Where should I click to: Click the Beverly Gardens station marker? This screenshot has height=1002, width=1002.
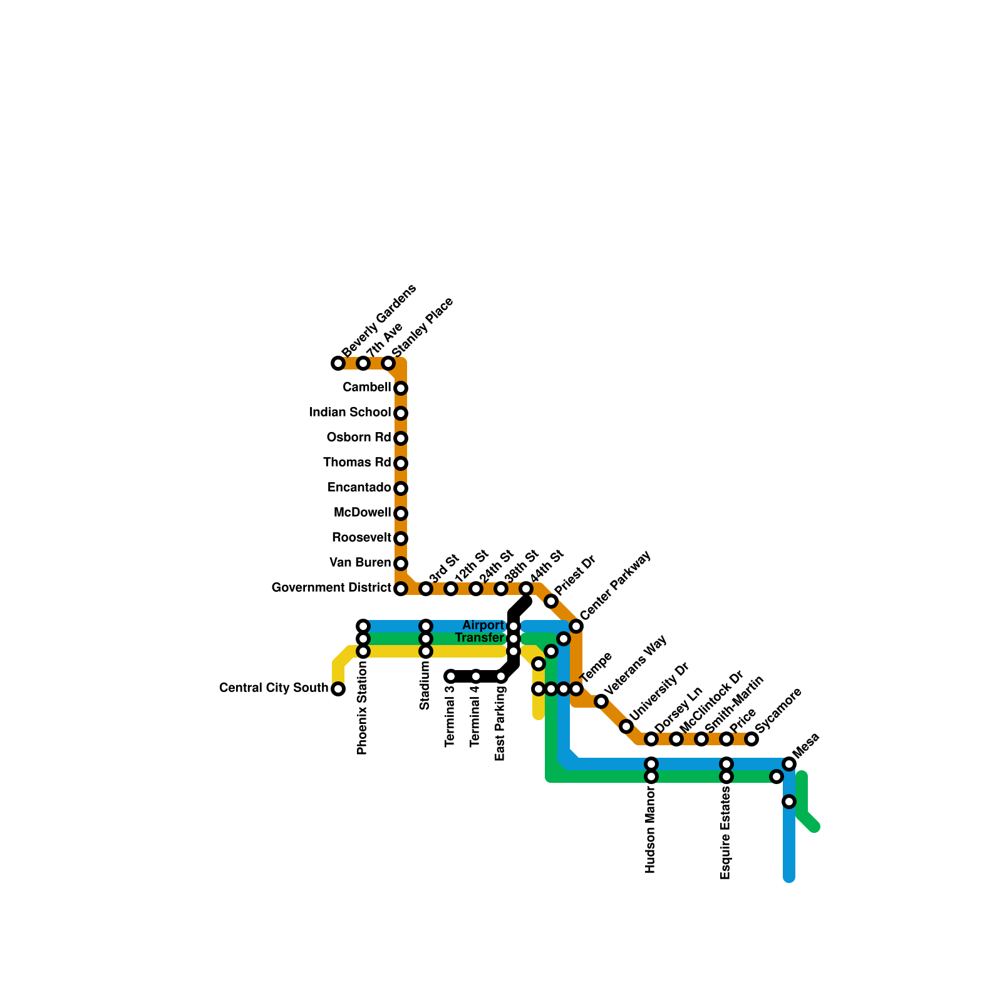tap(338, 363)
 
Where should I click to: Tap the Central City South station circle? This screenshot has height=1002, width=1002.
tap(338, 689)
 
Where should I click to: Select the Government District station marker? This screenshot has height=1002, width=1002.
tap(401, 589)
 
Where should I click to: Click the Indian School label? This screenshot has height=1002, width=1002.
tap(349, 412)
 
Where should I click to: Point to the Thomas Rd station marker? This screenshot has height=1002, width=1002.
tap(401, 463)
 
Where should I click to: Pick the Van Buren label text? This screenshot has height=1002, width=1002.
tap(360, 562)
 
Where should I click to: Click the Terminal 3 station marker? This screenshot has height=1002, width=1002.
tap(451, 676)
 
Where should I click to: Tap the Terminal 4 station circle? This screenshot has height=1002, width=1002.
tap(476, 676)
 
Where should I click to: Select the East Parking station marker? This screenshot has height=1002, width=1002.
tap(501, 676)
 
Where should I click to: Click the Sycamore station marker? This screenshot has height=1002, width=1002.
tap(751, 739)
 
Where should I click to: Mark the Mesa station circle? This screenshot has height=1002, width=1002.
tap(789, 764)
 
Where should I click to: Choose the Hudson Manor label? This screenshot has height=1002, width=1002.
tap(651, 830)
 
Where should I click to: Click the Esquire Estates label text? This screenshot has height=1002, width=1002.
tap(726, 833)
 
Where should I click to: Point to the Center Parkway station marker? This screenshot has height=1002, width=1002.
tap(576, 626)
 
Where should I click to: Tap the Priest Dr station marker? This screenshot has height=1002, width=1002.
tap(551, 601)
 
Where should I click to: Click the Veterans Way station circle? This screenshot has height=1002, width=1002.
tap(601, 701)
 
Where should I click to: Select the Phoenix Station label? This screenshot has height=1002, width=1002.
tap(363, 708)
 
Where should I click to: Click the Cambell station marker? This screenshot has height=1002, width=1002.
tap(401, 388)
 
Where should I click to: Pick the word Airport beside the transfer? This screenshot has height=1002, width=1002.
tap(483, 625)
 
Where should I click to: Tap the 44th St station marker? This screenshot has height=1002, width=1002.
tap(526, 589)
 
